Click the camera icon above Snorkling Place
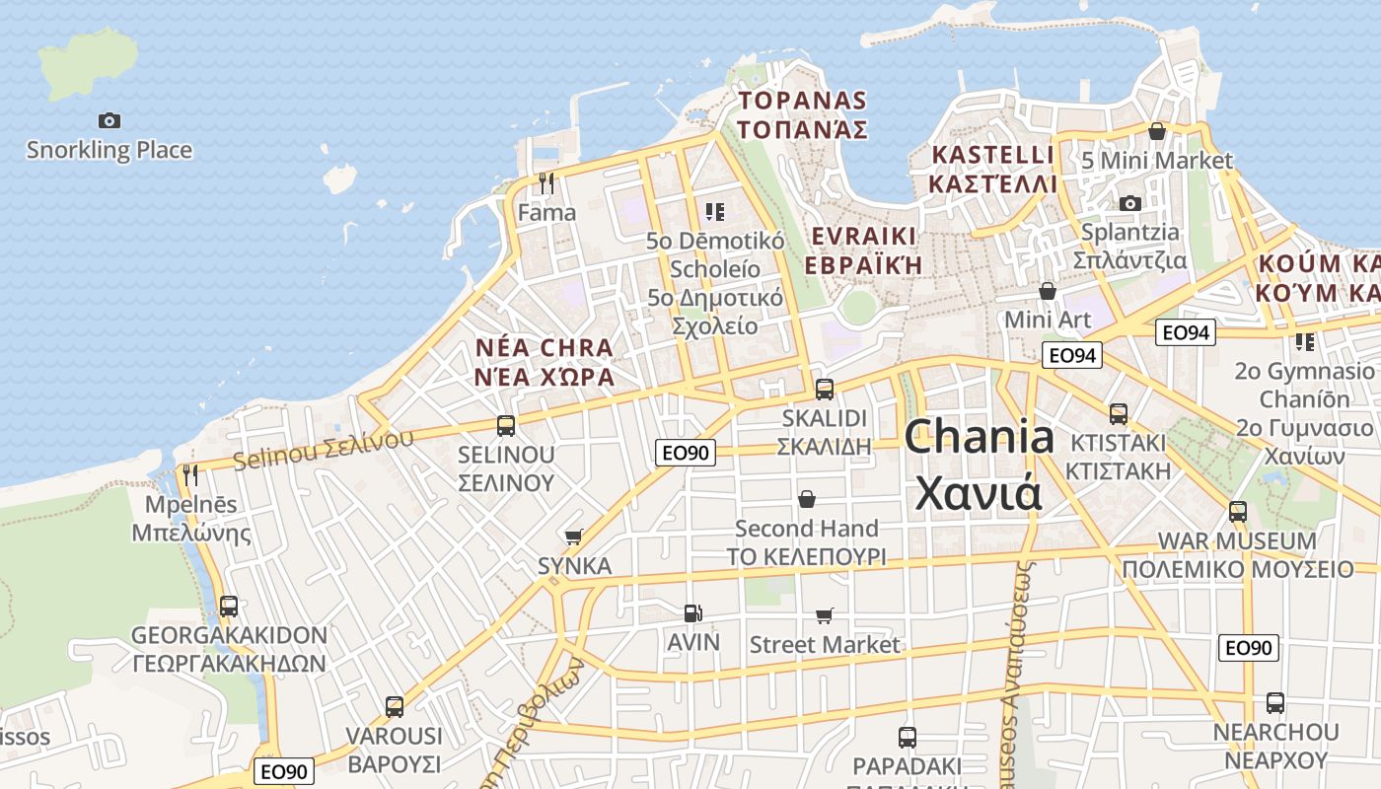(x=109, y=120)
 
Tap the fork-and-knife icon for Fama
(x=546, y=182)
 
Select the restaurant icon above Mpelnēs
(x=190, y=475)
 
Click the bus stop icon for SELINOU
(x=506, y=425)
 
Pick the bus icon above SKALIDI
(x=825, y=389)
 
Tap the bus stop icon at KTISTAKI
(x=1118, y=413)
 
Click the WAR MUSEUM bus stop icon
(x=1237, y=512)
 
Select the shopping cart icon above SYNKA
(x=573, y=537)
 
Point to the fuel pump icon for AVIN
(x=693, y=612)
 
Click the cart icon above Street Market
(x=825, y=615)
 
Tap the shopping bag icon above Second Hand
(x=807, y=499)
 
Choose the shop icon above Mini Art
(x=1048, y=291)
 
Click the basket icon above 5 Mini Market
(x=1157, y=130)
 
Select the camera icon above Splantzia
(x=1129, y=203)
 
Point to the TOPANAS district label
(x=802, y=101)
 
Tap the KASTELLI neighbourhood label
(x=992, y=156)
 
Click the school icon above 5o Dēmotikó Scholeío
(x=715, y=211)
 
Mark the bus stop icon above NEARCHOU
(x=1274, y=703)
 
